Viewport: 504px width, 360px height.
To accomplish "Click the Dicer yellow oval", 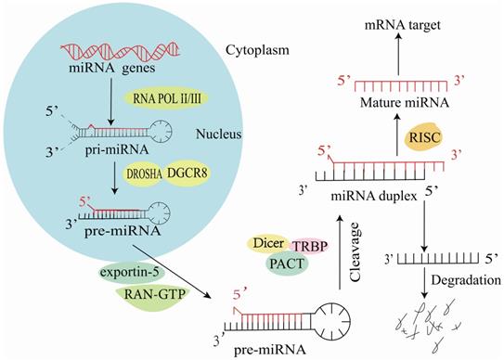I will point(265,244).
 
